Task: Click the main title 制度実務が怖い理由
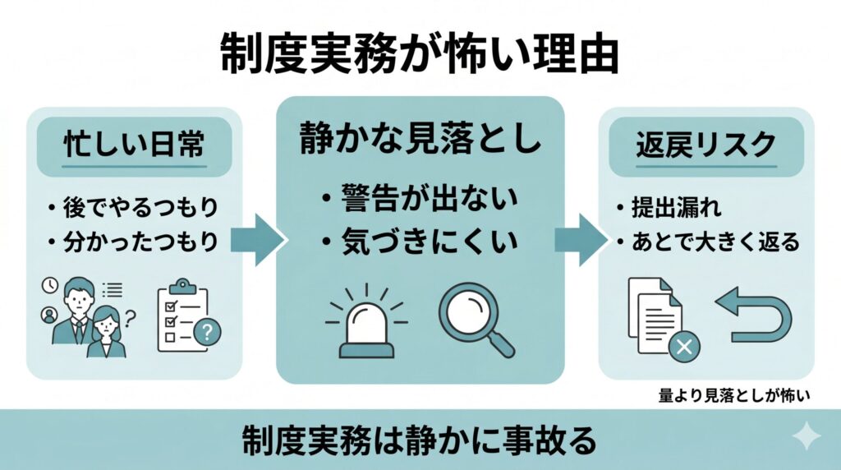click(420, 54)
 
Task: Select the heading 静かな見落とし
click(420, 138)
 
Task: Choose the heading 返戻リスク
click(705, 145)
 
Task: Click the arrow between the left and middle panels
click(257, 240)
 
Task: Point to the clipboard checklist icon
click(188, 316)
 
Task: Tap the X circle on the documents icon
click(684, 347)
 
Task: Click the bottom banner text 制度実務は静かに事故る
click(420, 440)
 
